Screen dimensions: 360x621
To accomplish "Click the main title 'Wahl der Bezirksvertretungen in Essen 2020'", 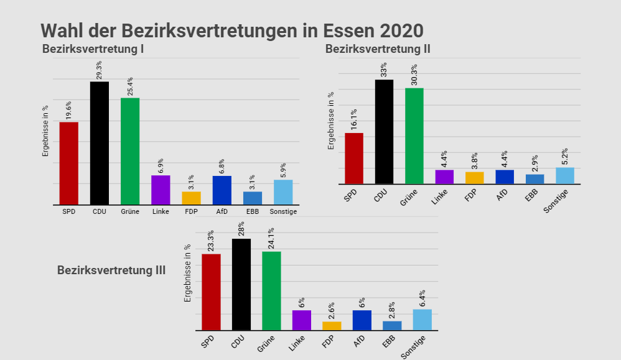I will coord(231,30).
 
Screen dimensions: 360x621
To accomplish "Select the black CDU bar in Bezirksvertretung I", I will coord(100,143).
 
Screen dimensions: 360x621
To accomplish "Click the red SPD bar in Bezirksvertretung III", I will coord(212,292).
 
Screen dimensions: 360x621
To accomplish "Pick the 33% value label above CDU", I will coord(384,69).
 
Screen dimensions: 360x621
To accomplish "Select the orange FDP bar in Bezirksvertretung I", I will coord(191,198).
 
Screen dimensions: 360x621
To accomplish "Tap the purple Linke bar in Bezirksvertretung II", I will coord(444,177).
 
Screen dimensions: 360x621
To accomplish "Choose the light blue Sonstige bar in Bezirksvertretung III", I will coord(423,319).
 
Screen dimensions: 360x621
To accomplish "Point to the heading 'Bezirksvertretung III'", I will coord(111,270).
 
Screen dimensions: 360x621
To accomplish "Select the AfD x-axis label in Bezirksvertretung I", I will coord(222,211).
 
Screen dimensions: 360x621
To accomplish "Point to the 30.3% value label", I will coord(414,75).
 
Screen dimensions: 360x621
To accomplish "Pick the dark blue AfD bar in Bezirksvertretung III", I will coord(362,320).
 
